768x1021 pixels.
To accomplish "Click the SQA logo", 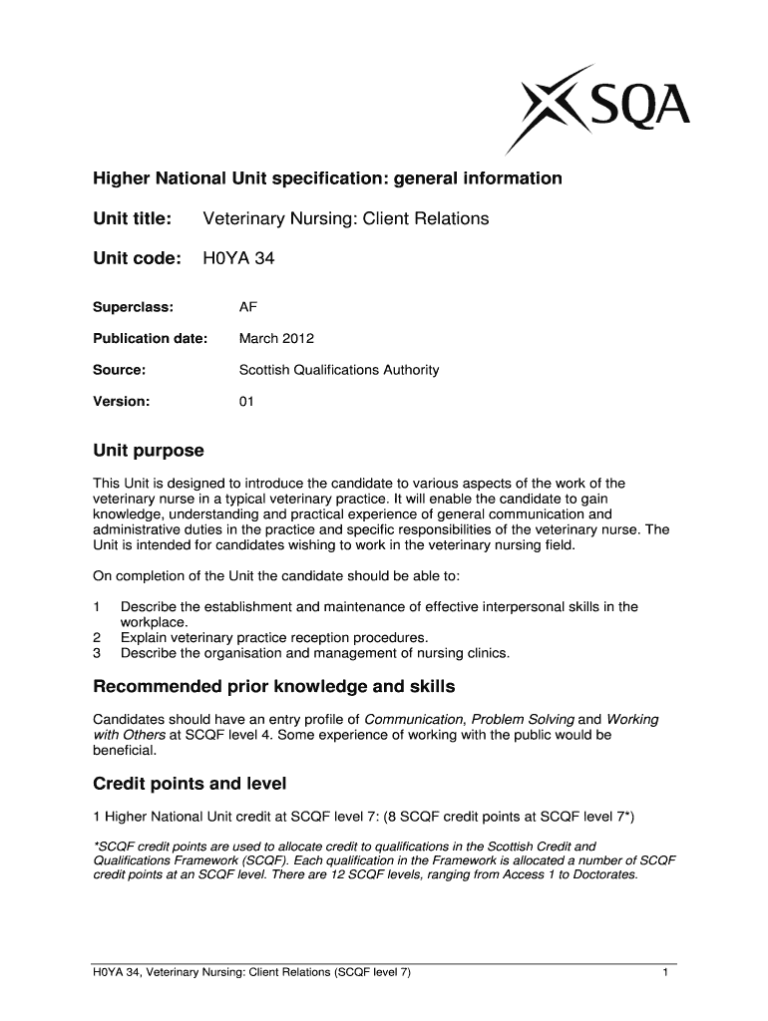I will [x=598, y=104].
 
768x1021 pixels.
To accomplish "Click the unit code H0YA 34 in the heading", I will [x=238, y=259].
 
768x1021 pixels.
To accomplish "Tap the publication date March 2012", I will [x=276, y=338].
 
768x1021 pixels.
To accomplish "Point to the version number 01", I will [x=246, y=402].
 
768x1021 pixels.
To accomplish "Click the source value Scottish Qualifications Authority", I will [x=338, y=370].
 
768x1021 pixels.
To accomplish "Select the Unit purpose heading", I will [x=148, y=451].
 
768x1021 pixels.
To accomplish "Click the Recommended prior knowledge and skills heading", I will [x=273, y=687].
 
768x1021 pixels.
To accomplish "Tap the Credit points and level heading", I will [x=190, y=784].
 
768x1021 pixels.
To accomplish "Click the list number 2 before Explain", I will [x=97, y=638].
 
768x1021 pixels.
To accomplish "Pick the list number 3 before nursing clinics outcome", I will [x=97, y=654].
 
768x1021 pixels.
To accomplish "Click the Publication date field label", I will [x=150, y=338].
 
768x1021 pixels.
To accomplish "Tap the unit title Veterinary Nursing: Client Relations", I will [x=345, y=217].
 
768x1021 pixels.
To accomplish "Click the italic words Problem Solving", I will [x=523, y=720].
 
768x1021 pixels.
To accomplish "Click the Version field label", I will [x=121, y=402].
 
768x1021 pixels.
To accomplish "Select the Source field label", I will [x=119, y=370].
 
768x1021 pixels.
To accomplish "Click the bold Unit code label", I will [x=137, y=259].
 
